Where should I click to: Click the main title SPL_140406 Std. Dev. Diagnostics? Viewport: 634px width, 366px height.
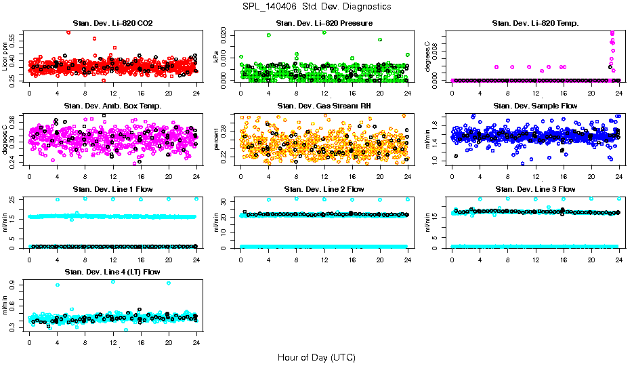click(316, 7)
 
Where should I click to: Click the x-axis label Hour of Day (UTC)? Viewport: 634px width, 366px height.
click(316, 357)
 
